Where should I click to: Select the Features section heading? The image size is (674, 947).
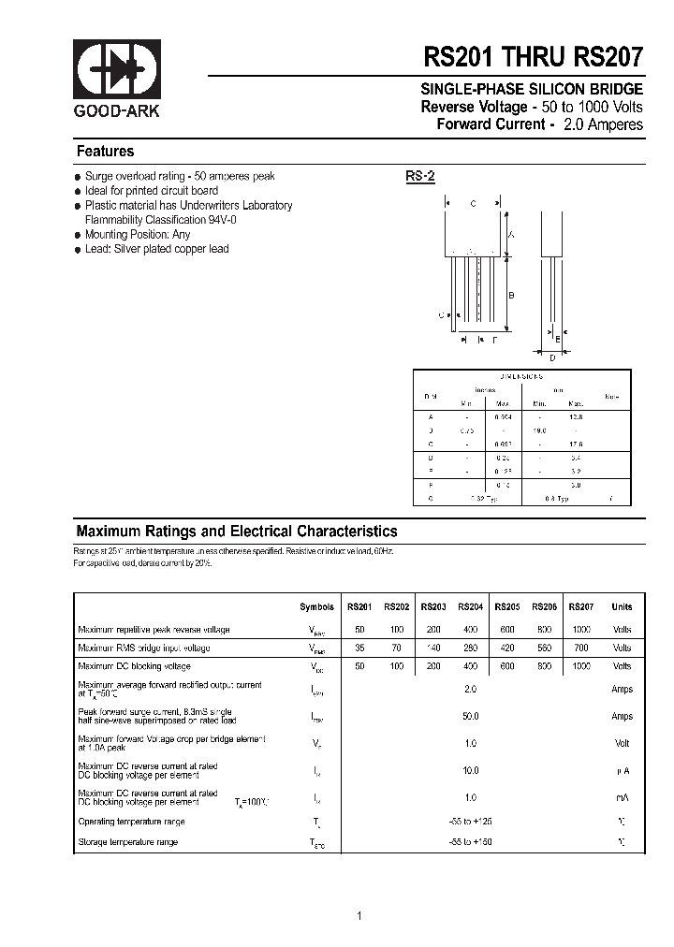click(105, 152)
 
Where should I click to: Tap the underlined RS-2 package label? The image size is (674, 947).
click(420, 176)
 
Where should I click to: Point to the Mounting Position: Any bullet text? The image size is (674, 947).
click(137, 234)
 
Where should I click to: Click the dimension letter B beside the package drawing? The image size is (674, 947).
click(511, 296)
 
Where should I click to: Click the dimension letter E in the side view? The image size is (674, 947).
click(557, 339)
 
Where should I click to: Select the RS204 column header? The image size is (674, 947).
click(470, 606)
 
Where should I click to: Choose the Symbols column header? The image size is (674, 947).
click(316, 606)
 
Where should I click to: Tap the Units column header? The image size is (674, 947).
click(622, 606)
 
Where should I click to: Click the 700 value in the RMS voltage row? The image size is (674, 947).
click(581, 648)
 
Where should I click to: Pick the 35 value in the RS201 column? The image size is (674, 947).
click(359, 648)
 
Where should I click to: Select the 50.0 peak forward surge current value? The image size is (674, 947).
click(470, 716)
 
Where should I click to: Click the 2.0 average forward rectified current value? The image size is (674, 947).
click(470, 689)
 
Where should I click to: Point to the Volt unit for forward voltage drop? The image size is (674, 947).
click(622, 743)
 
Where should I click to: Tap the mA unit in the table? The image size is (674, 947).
click(622, 798)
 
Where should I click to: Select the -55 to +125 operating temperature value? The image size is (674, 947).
click(470, 822)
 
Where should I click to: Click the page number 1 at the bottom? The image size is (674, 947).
click(359, 916)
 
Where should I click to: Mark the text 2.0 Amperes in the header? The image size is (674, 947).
click(604, 124)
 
